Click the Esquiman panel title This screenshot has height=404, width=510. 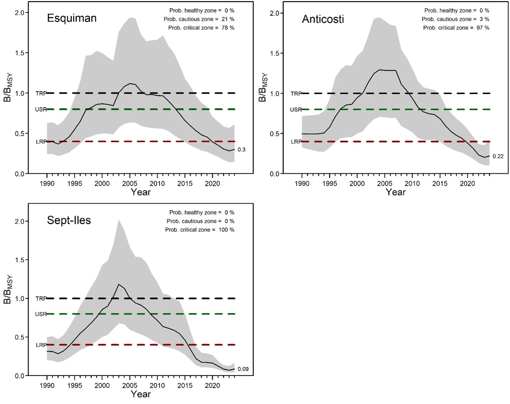click(x=72, y=19)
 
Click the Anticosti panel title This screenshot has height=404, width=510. click(x=323, y=19)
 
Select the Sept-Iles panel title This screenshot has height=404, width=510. click(x=69, y=220)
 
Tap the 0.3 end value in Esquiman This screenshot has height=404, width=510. click(x=241, y=150)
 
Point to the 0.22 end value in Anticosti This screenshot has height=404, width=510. click(x=498, y=157)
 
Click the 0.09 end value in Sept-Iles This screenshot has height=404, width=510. click(x=243, y=369)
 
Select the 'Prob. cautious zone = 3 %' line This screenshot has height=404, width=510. click(x=455, y=19)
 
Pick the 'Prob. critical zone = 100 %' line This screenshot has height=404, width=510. click(x=199, y=230)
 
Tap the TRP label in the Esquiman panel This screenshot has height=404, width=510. click(x=41, y=94)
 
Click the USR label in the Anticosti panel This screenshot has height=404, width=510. click(x=296, y=110)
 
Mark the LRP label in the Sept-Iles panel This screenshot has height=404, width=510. click(x=41, y=345)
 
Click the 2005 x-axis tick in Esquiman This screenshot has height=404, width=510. click(x=130, y=184)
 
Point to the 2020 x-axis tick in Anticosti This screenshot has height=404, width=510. click(x=467, y=184)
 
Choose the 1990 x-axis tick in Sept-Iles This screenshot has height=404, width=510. click(x=47, y=386)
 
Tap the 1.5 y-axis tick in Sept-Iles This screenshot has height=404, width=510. click(x=20, y=260)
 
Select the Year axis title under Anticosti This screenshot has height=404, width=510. click(x=396, y=192)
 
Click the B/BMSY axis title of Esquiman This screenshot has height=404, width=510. click(x=8, y=88)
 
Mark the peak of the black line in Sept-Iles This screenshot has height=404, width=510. click(x=119, y=284)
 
